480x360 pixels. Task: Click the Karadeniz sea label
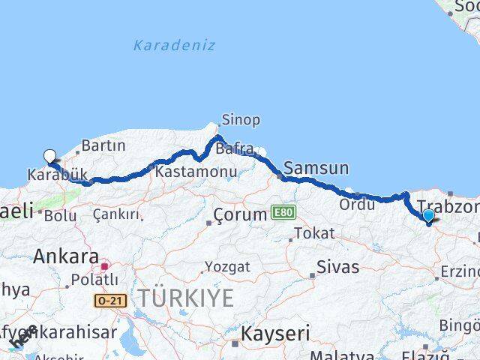(174, 45)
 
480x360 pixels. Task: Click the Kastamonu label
(196, 172)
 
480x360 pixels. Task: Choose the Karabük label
(54, 175)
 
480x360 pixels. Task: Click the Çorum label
(240, 214)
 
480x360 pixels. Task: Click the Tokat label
(314, 233)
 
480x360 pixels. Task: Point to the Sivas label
(337, 266)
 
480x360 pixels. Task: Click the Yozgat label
(229, 267)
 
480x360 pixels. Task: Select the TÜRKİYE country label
(184, 298)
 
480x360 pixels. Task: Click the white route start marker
(50, 156)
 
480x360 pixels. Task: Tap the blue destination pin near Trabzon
(428, 216)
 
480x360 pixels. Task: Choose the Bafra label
(235, 149)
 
